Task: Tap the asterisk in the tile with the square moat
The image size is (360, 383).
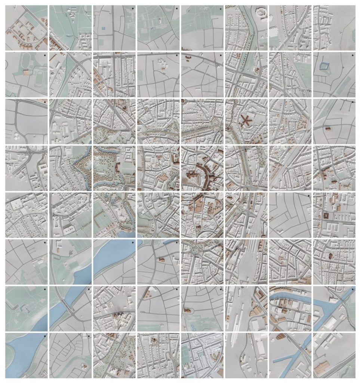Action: coord(352,56)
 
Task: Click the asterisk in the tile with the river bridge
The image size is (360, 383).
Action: coord(89,289)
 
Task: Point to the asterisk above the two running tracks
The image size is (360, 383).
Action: coord(44,55)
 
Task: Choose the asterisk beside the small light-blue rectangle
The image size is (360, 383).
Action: coord(133,8)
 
